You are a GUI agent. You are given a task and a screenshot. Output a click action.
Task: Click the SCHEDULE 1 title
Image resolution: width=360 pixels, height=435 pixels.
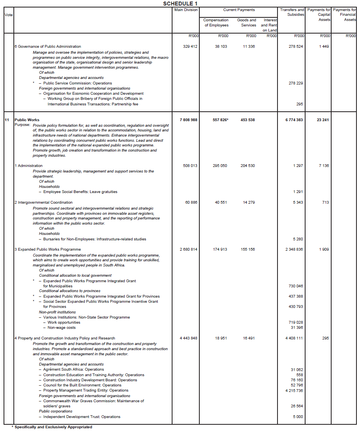pos(180,4)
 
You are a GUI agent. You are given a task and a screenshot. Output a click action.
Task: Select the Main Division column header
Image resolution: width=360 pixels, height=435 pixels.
pos(186,10)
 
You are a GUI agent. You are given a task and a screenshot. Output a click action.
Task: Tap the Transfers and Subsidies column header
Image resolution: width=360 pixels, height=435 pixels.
pos(292,12)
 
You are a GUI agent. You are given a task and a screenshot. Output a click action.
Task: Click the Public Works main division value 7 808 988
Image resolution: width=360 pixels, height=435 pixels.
pos(188,120)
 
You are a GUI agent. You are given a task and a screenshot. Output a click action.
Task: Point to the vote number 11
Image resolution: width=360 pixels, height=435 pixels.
pos(7,120)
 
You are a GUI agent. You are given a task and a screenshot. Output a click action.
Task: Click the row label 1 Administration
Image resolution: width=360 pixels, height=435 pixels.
pos(28,166)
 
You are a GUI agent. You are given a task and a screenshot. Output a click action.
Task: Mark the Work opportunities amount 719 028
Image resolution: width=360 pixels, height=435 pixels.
pos(296,322)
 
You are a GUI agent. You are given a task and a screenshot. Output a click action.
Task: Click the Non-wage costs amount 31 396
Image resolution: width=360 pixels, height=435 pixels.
pos(297,328)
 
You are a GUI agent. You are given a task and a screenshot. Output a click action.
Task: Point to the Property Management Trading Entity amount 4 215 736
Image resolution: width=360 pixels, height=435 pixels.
pos(294,390)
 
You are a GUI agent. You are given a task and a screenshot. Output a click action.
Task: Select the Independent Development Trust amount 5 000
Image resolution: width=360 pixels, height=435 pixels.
pos(298,417)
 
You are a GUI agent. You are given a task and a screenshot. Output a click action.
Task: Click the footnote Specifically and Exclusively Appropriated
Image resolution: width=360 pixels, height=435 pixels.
pos(53,427)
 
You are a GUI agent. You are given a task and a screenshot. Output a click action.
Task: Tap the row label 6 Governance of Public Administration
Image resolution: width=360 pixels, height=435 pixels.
pos(47,47)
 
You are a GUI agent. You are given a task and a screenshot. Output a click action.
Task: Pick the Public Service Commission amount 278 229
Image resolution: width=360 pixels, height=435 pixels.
pos(296,83)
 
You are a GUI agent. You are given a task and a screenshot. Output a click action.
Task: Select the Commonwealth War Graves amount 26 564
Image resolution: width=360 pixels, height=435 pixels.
pos(297,406)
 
